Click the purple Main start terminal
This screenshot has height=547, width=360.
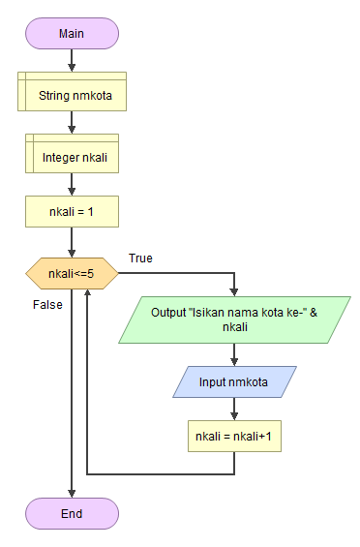pos(72,33)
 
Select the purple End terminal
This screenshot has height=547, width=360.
pos(72,513)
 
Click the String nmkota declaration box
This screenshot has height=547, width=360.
pos(72,96)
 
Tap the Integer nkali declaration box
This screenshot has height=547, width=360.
pos(72,156)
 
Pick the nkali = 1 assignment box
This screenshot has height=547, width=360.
pos(72,212)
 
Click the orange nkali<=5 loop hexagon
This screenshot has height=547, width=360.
pos(72,274)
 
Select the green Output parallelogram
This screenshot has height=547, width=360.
pos(234,320)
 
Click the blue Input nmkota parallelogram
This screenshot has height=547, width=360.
pos(234,381)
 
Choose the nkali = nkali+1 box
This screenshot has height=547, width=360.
pos(234,436)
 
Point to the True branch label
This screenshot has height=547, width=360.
pos(140,258)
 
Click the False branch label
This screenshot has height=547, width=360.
pos(47,304)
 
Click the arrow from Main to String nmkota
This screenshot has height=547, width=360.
pos(72,60)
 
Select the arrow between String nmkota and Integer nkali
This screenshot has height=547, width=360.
pos(72,123)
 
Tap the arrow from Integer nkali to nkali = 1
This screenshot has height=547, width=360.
pos(72,184)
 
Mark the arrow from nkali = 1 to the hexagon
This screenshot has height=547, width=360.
pos(72,243)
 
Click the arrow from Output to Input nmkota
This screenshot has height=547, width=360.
pos(234,353)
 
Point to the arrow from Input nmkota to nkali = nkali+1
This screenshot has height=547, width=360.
pos(234,409)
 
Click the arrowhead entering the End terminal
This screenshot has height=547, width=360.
pos(72,493)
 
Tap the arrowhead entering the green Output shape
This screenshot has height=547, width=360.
pos(234,291)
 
